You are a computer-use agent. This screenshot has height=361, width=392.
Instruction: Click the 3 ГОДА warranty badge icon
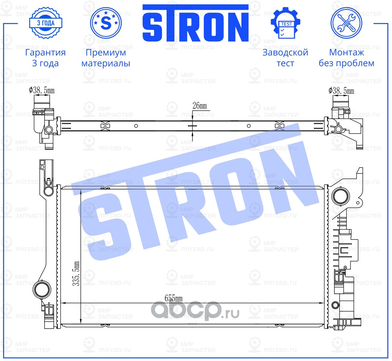coord(46,23)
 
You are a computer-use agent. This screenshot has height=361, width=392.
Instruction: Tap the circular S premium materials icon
coord(106,23)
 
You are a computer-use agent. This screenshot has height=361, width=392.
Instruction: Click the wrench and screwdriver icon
coord(346,23)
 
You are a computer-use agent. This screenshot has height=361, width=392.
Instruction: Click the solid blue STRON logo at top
coord(195,24)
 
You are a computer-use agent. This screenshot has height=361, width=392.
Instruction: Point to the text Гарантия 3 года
coord(45,58)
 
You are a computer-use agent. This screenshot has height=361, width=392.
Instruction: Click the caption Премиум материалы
coord(106,58)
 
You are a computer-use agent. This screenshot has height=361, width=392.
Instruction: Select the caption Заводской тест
coord(285,58)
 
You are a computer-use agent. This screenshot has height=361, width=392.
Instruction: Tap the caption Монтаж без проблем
coord(346,58)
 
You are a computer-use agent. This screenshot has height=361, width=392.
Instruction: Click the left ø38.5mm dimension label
coord(42,90)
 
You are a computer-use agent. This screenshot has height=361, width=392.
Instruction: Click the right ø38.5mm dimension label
coord(341,91)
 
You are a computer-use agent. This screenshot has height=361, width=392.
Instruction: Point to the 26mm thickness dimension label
coord(200,106)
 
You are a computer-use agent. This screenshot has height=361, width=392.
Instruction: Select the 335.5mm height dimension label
coord(76,274)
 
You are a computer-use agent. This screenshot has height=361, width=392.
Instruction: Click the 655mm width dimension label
coord(173,298)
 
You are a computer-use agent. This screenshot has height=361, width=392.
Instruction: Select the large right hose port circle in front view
coord(341,196)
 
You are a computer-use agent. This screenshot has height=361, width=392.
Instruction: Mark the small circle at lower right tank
coord(336,305)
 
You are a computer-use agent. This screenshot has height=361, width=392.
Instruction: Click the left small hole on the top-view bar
coord(136,126)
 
